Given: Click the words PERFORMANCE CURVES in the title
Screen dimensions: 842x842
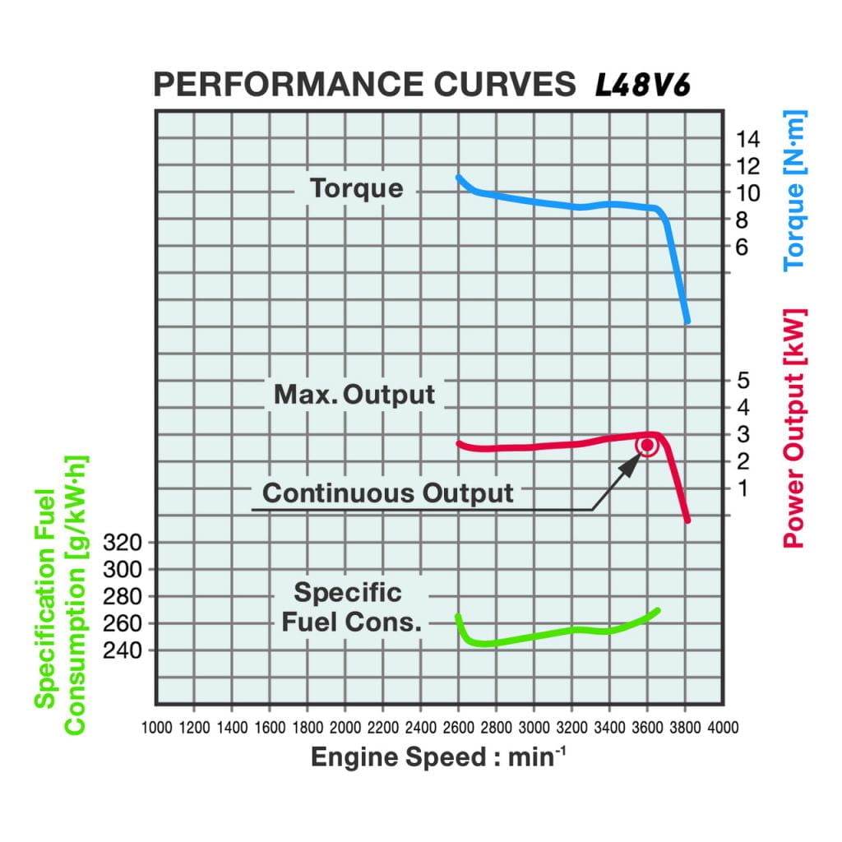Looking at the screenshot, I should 365,86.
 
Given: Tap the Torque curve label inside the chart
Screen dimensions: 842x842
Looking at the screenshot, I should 357,188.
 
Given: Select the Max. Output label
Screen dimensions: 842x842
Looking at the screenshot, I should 354,394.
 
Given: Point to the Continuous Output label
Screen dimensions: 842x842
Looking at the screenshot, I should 387,493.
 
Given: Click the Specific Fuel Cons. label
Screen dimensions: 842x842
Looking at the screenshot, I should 351,608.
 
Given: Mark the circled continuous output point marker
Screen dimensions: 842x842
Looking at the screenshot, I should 647,446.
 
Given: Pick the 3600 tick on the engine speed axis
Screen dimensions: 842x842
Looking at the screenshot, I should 647,728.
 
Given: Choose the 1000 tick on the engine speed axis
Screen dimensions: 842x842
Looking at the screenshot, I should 156,728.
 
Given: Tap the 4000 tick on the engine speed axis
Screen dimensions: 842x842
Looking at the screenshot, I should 723,728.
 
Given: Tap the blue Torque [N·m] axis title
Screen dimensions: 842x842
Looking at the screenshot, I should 795,192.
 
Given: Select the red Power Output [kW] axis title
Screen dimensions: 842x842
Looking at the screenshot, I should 794,428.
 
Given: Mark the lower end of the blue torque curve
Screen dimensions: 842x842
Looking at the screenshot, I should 687,320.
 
